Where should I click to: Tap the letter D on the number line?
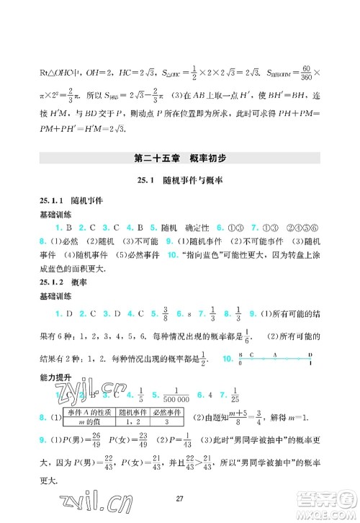point(310,356)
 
